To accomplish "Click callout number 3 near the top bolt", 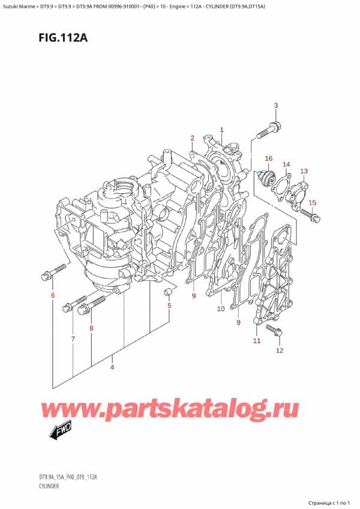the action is [275, 106].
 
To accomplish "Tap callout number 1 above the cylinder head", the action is [221, 130].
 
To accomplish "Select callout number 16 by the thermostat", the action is [268, 158].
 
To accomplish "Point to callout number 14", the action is [286, 164].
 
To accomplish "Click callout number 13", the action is [304, 171].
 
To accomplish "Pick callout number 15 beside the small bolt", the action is [312, 203].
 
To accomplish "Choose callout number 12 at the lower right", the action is [280, 351].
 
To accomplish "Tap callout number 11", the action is [257, 340].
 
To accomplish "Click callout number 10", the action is [221, 309].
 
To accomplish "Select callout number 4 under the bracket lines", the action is [112, 367].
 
